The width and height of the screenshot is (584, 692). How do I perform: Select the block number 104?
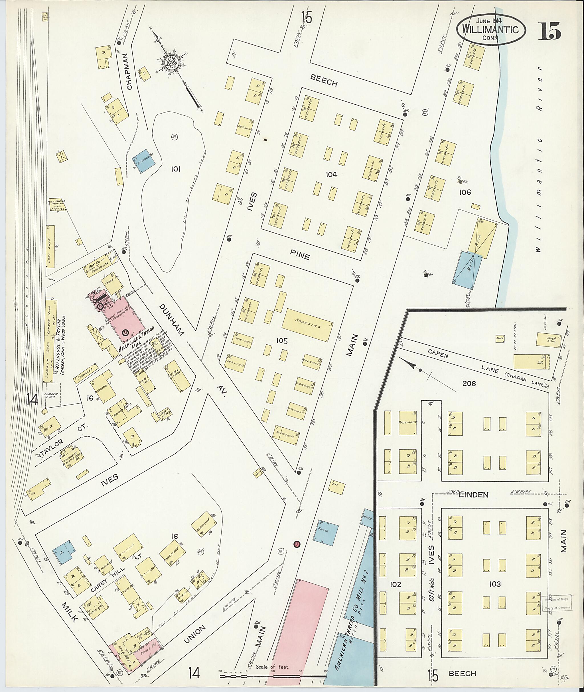(x=331, y=174)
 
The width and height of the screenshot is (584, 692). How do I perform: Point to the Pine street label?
(x=300, y=255)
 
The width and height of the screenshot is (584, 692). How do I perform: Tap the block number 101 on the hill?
(x=175, y=169)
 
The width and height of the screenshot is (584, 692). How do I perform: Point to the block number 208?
(x=469, y=384)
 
